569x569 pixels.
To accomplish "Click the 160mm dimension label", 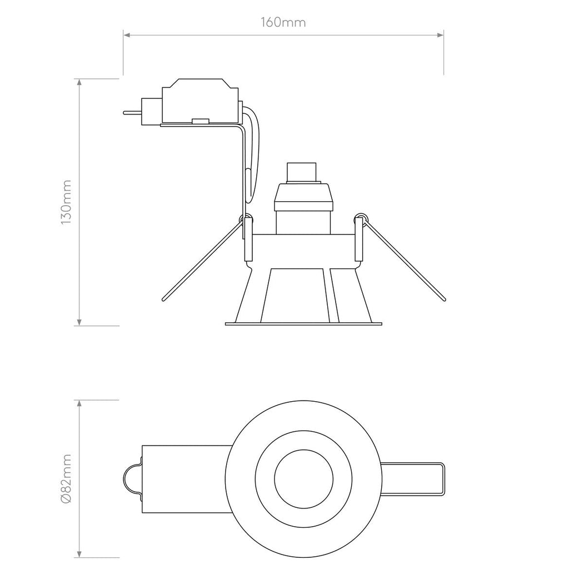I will (283, 23).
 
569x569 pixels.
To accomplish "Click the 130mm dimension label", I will (66, 202).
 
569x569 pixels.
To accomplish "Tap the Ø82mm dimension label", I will (66, 478).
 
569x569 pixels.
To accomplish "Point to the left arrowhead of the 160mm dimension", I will (127, 36).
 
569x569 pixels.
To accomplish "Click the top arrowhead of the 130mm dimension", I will (80, 83).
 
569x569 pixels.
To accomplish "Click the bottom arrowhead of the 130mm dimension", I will (80, 322).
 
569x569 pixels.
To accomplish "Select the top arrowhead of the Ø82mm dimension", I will (80, 404).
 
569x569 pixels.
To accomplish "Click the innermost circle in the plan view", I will (304, 477).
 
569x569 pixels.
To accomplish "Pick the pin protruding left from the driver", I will (132, 113).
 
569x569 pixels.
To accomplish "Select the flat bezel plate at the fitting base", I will (303, 323).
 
